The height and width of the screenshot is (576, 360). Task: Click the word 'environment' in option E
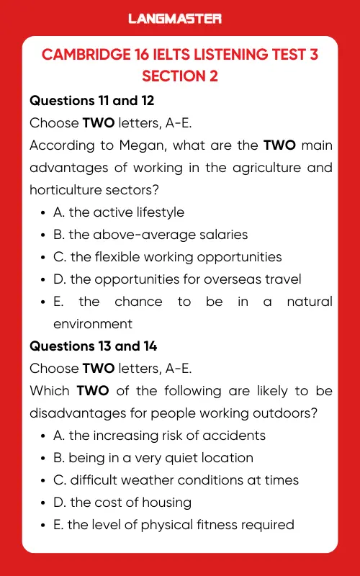click(x=93, y=324)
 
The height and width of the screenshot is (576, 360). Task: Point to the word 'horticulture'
click(x=63, y=190)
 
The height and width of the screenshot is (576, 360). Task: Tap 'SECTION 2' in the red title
click(x=179, y=76)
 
